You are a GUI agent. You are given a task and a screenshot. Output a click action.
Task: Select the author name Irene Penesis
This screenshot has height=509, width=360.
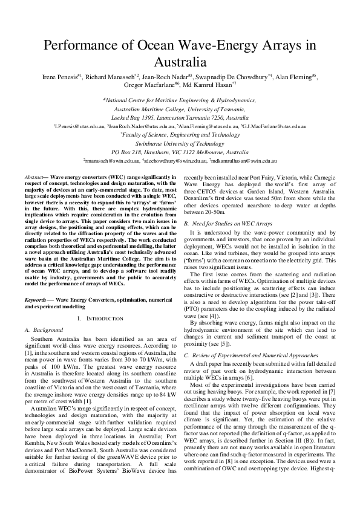click(58, 77)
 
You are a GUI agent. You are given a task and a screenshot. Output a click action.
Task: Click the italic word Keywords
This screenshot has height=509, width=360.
click(37, 299)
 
